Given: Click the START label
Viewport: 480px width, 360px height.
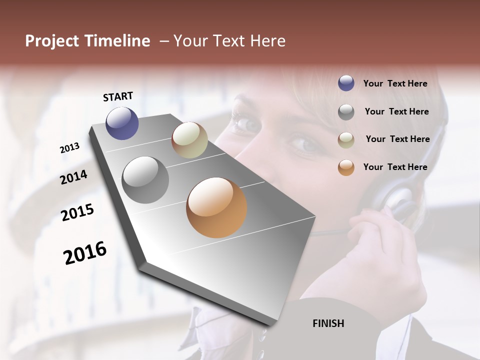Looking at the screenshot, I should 118,96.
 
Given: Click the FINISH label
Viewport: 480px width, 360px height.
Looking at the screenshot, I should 328,323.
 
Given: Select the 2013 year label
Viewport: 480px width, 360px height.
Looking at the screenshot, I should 70,147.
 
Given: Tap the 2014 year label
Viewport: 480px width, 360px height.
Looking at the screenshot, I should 73,177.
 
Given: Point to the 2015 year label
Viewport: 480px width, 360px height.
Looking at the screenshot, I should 77,212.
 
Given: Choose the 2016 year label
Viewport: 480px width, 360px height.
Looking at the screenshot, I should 85,252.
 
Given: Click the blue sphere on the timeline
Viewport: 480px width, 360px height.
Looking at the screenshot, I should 122,123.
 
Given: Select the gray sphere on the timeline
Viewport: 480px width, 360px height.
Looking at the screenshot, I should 145,180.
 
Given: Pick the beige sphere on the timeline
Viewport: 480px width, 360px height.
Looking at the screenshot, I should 189,140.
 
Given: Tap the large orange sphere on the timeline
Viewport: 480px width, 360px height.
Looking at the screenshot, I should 216,207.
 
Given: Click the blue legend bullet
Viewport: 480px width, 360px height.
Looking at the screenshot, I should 346,83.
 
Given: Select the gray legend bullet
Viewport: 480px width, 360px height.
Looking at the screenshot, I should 346,112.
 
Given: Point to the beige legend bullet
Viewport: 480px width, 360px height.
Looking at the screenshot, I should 346,140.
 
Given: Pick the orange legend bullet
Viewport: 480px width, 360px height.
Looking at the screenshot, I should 346,168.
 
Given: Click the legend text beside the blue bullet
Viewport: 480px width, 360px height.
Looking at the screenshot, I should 395,83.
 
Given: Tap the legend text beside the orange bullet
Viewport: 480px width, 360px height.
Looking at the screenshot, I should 395,167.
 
